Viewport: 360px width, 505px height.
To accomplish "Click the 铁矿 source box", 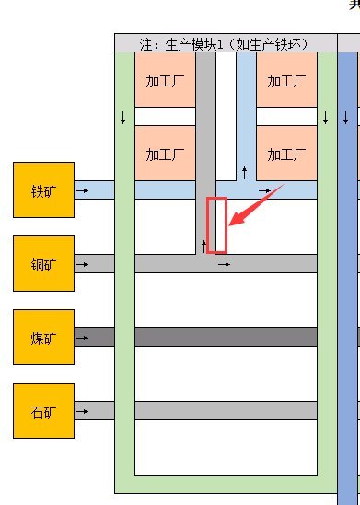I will tap(43, 190).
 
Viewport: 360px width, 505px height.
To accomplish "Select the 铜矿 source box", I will tap(43, 263).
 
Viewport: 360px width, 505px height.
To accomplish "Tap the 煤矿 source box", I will tap(43, 337).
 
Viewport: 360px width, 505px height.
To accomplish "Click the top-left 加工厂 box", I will tap(166, 80).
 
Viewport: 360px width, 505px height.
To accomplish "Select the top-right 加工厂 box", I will tap(286, 80).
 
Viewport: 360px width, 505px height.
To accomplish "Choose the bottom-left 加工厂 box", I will tap(166, 153).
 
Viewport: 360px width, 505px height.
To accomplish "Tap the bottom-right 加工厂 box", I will tap(286, 153).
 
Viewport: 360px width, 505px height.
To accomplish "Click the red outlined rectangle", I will tap(216, 224).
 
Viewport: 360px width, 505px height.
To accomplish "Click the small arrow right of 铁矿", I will tap(83, 190).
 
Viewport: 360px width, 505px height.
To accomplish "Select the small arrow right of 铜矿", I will tap(83, 264).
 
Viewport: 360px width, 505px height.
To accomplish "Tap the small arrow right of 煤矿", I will tap(83, 338).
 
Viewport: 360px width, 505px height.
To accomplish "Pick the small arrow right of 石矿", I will tap(83, 411).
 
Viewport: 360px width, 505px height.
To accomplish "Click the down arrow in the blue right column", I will tap(345, 119).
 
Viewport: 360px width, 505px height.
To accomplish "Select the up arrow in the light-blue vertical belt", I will tap(244, 172).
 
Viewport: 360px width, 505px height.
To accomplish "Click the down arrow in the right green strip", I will tap(326, 119).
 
